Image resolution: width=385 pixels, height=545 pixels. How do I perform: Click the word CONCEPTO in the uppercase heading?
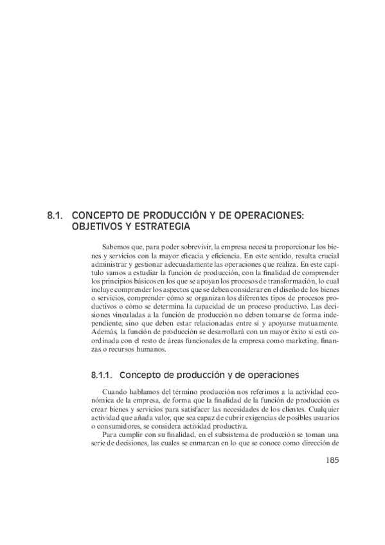click(x=98, y=215)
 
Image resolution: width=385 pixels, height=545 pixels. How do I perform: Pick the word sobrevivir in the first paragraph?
click(x=196, y=246)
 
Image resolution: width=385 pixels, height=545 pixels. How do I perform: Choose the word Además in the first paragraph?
click(x=105, y=332)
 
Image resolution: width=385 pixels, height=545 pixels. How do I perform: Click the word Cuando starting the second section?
click(x=116, y=391)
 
